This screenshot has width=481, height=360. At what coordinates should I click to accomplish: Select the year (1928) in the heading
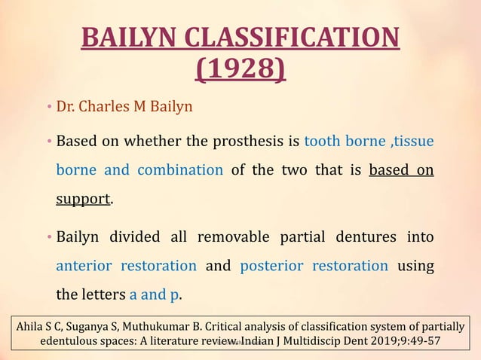coord(240,70)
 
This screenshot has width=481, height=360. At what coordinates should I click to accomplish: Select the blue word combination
coord(180,169)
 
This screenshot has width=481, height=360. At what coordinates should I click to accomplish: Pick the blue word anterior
coord(84,266)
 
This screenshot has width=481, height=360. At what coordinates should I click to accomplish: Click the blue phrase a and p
coord(155,294)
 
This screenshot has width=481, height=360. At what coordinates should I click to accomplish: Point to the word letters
coord(103,294)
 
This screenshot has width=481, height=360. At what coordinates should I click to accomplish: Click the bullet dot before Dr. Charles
coord(47,107)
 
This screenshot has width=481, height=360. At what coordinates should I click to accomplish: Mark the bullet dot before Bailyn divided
coord(47,238)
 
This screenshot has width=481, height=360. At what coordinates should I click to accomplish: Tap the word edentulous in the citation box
coord(72,342)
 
